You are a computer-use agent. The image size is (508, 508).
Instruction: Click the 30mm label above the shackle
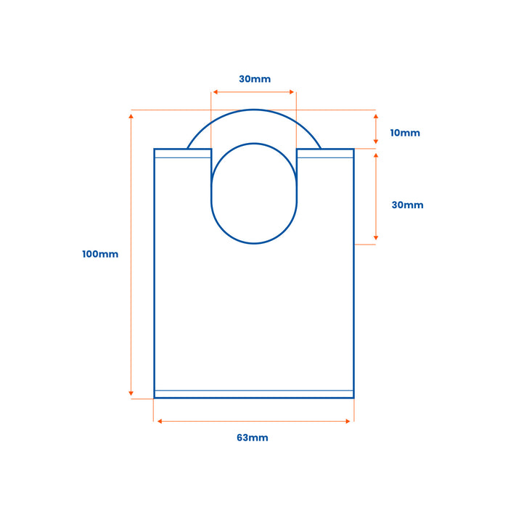coord(255,79)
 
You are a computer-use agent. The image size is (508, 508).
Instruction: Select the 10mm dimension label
coord(405,133)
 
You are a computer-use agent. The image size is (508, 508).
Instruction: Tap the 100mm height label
coord(100,254)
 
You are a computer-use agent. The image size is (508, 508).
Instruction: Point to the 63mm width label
coord(253,438)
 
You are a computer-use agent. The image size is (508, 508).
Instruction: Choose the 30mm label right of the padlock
coord(407,205)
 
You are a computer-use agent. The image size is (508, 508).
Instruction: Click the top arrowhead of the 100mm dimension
coord(131,116)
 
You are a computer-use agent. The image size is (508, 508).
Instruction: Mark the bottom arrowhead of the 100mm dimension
coord(131,393)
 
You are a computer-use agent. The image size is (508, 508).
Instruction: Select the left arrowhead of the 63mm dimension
coord(160,421)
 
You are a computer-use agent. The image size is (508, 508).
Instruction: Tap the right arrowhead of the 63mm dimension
coord(348,421)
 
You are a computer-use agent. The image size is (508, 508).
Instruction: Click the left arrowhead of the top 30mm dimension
coord(215,92)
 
